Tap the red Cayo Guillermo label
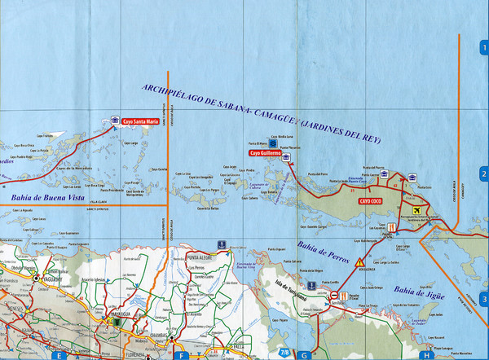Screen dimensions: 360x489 (x=265, y=152)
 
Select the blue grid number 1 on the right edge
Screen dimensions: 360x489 (x=483, y=47)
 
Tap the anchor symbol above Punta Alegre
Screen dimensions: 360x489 (x=220, y=244)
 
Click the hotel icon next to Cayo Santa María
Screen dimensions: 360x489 (x=115, y=122)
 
